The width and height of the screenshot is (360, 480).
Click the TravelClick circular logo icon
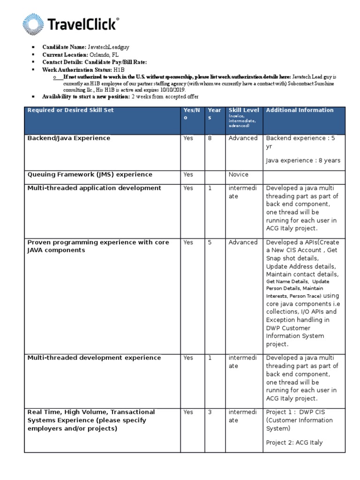(x=33, y=24)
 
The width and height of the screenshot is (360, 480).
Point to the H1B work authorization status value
(x=119, y=69)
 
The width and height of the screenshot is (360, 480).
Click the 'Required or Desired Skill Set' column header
(x=70, y=111)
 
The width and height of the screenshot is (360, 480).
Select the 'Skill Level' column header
(x=243, y=111)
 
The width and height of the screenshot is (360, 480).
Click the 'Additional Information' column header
(x=300, y=111)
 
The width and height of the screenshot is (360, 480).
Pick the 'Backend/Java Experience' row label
(x=69, y=138)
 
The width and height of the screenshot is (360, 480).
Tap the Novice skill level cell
(x=238, y=175)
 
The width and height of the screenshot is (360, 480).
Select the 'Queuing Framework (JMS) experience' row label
(x=90, y=175)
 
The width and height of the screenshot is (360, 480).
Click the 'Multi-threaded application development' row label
(x=94, y=188)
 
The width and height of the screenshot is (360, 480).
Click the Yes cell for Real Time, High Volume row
(x=188, y=412)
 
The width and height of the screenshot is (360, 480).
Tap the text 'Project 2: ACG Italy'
(x=294, y=442)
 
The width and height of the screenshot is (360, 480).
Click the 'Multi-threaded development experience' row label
(x=94, y=358)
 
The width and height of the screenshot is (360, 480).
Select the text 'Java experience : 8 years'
(x=303, y=161)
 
